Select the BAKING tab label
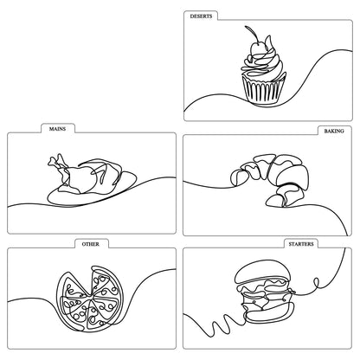(332, 131)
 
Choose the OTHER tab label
(90, 244)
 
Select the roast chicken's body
(87, 177)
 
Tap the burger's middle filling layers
(263, 301)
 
